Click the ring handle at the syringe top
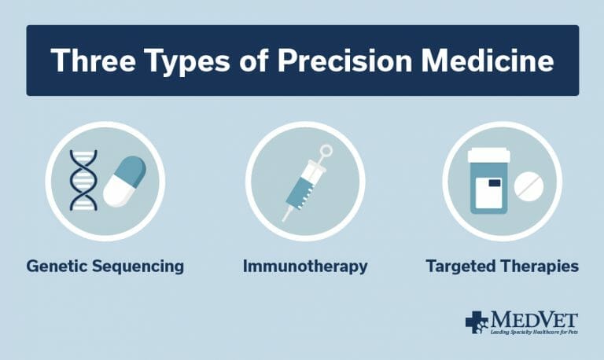(x=326, y=151)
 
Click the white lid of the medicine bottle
(x=488, y=156)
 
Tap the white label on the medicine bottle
(x=492, y=192)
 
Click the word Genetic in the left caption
(x=55, y=266)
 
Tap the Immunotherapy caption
(x=304, y=267)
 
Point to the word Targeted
(x=459, y=267)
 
